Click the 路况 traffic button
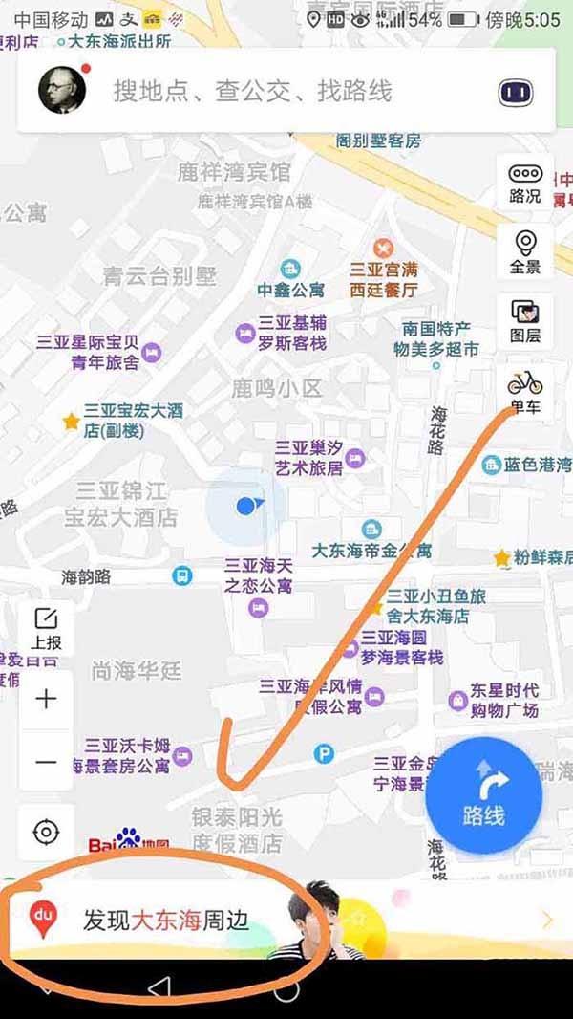(525, 183)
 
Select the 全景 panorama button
(525, 251)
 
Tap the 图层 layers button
(525, 320)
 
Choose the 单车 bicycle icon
(524, 391)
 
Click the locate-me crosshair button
(46, 832)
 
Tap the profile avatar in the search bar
(62, 91)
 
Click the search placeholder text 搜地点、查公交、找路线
(253, 92)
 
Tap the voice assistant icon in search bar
(515, 93)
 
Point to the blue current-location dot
(246, 505)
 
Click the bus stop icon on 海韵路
(181, 576)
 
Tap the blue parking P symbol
(325, 754)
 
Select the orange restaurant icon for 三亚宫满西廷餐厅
(384, 248)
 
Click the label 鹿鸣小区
(277, 389)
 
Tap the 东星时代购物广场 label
(504, 700)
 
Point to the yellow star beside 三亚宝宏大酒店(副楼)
(71, 421)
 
